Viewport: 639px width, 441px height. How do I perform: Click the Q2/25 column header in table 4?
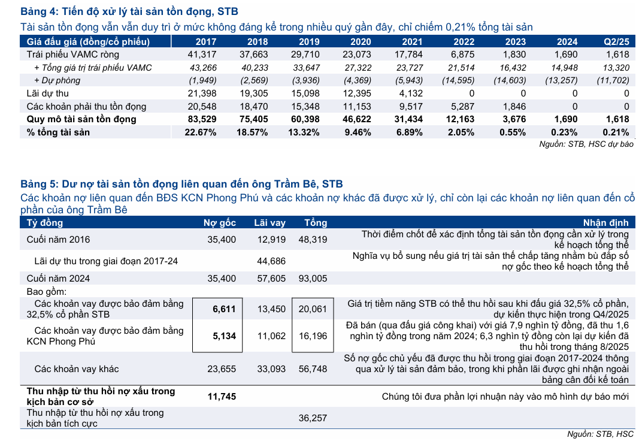(616, 41)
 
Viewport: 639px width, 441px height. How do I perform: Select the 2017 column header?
(206, 41)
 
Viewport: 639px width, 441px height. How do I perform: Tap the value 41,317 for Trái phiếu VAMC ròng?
(203, 55)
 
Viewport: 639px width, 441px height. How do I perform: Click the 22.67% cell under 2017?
(201, 132)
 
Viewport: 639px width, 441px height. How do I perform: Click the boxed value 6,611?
(225, 309)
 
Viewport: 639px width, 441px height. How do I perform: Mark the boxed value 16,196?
(312, 336)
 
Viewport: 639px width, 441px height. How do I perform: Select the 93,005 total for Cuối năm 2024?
(312, 279)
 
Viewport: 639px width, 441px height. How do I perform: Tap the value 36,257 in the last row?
(312, 418)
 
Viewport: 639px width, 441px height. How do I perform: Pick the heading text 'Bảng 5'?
(38, 183)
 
